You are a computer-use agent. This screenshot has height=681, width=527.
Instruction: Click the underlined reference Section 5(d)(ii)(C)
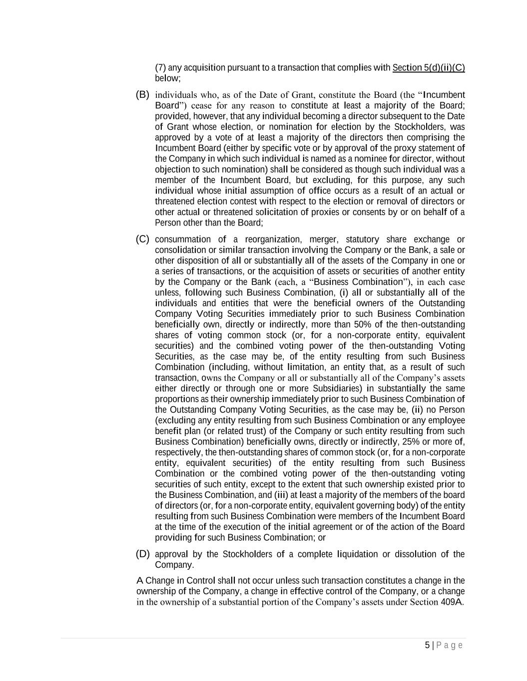(x=429, y=68)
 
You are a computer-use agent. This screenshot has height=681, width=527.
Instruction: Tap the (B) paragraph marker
(x=142, y=94)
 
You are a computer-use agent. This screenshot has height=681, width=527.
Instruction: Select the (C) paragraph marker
(x=142, y=239)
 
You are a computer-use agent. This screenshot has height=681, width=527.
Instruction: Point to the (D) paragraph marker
(x=142, y=554)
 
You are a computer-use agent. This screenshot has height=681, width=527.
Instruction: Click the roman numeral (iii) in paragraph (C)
(x=281, y=495)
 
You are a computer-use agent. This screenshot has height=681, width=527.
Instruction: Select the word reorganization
(x=270, y=239)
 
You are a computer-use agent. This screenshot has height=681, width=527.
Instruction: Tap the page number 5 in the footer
(x=427, y=646)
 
